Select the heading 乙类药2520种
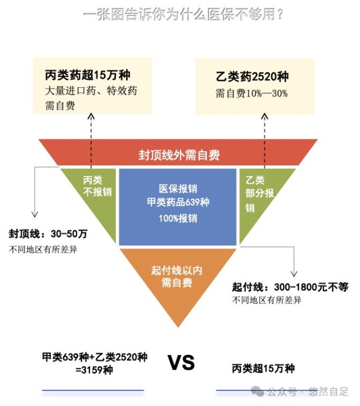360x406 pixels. [x=252, y=78]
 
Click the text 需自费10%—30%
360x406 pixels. [x=251, y=93]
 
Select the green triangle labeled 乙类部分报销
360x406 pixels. [x=260, y=194]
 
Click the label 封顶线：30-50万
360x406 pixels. [x=48, y=233]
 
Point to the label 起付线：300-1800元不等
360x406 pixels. [x=290, y=287]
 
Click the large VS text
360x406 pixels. [x=181, y=363]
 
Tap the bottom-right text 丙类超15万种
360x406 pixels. [x=263, y=369]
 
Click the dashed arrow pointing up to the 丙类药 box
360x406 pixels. [x=91, y=138]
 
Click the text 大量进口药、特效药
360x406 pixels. [x=91, y=91]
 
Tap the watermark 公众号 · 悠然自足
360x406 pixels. [x=303, y=391]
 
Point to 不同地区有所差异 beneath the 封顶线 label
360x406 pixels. [x=43, y=249]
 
